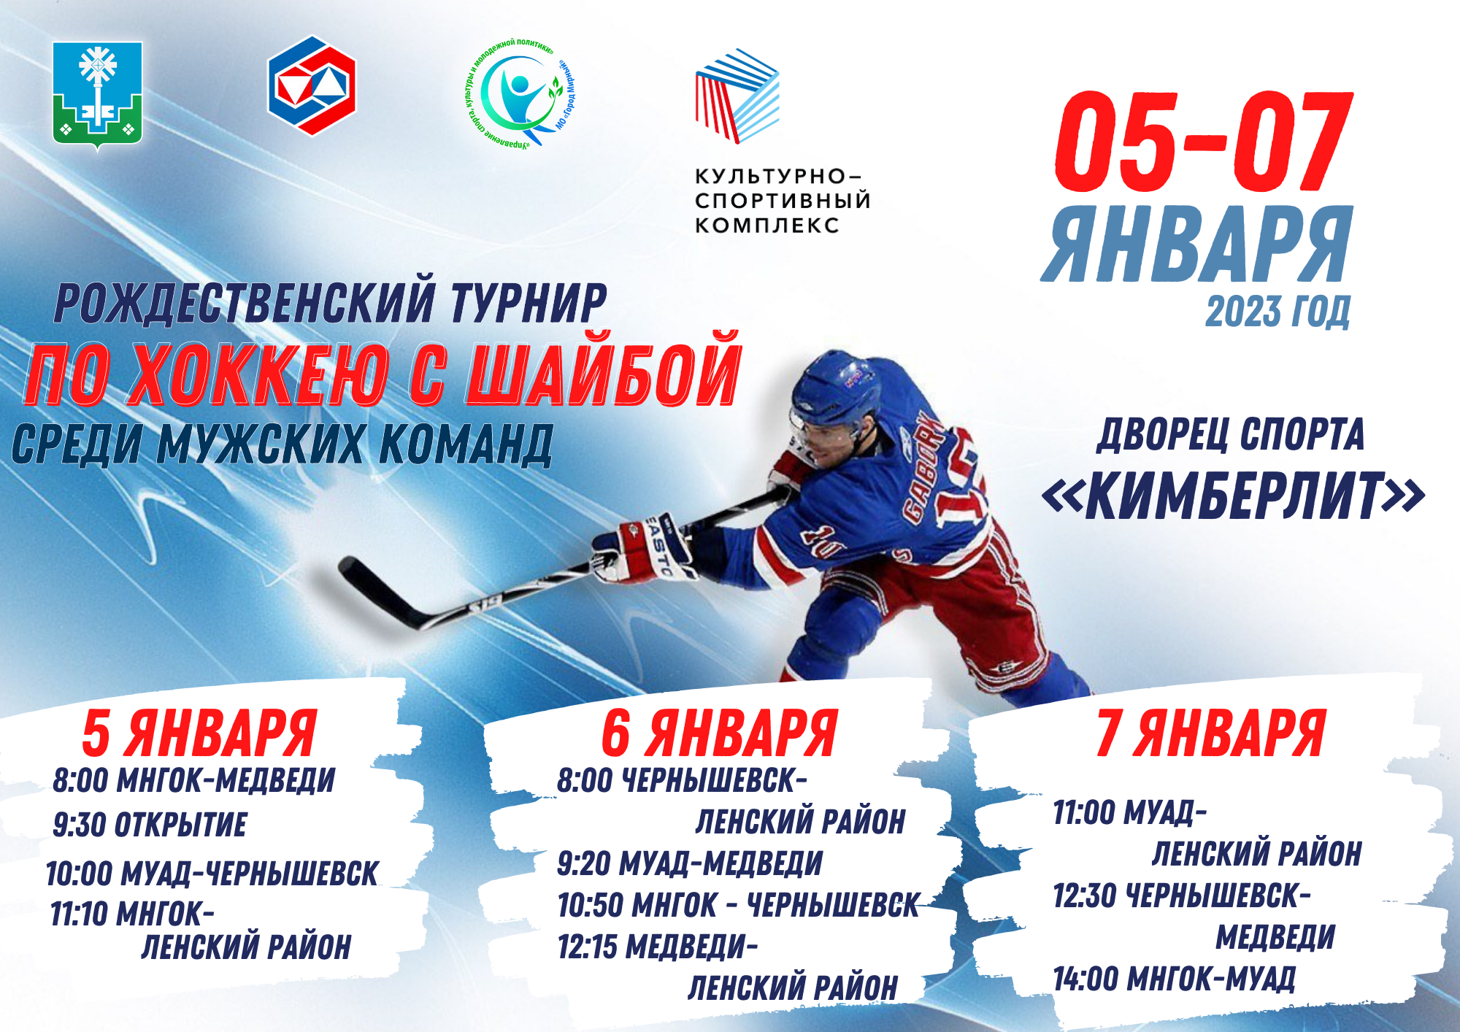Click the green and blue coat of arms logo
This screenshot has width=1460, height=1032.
coord(97,93)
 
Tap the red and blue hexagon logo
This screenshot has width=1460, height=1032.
coord(312,85)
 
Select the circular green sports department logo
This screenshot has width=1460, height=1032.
coord(520,93)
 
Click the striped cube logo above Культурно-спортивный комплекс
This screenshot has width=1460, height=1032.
coord(737,95)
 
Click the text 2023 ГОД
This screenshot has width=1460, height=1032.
coord(1277,312)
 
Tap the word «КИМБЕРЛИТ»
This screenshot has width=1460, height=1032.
coord(1233,496)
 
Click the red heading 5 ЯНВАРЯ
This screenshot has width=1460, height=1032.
coord(199,733)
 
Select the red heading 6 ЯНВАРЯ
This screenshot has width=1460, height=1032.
coord(719,733)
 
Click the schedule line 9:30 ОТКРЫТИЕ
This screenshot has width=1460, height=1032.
coord(150,825)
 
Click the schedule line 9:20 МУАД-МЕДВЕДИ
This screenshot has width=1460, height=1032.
coord(690,863)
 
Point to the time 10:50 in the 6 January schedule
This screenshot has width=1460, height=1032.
coord(590,906)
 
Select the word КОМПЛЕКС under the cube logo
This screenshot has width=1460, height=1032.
coord(766,225)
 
